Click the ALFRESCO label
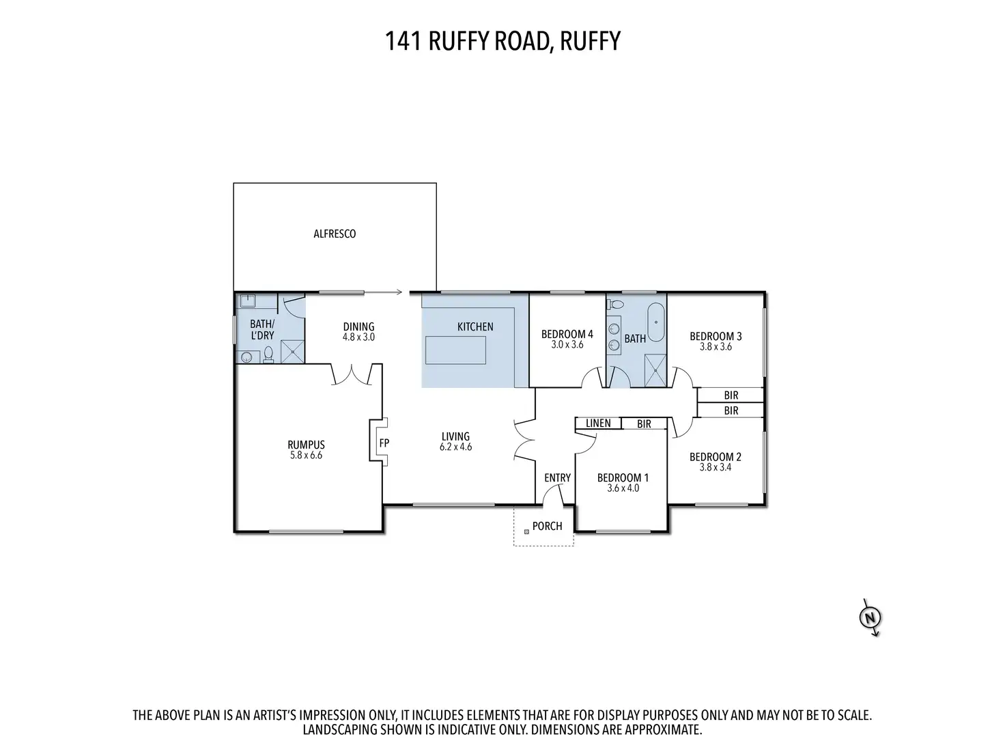pyautogui.click(x=335, y=234)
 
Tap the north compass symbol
pyautogui.click(x=870, y=618)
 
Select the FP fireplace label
pyautogui.click(x=384, y=443)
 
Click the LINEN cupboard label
pyautogui.click(x=598, y=423)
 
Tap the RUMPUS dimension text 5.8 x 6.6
pyautogui.click(x=306, y=455)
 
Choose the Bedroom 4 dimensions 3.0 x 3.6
pyautogui.click(x=567, y=345)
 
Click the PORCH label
pyautogui.click(x=548, y=526)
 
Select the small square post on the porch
pyautogui.click(x=526, y=531)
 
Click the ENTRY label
pyautogui.click(x=557, y=478)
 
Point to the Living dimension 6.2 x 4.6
pyautogui.click(x=455, y=447)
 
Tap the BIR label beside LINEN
pyautogui.click(x=644, y=424)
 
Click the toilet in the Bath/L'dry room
pyautogui.click(x=268, y=353)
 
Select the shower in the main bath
pyautogui.click(x=654, y=372)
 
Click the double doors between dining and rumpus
pyautogui.click(x=352, y=374)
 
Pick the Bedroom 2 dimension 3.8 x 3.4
pyautogui.click(x=716, y=468)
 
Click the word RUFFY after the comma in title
pyautogui.click(x=590, y=41)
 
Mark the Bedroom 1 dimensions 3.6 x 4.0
pyautogui.click(x=623, y=488)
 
